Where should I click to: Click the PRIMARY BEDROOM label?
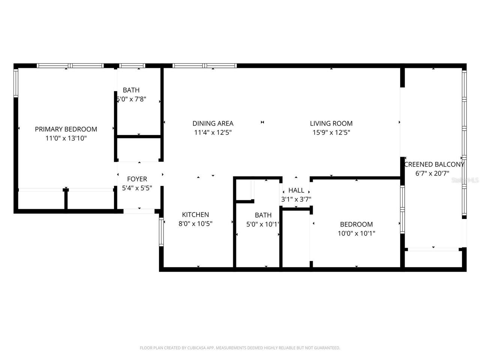click(66, 129)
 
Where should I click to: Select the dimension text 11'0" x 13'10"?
click(66, 138)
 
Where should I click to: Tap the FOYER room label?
click(137, 179)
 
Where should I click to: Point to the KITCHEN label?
click(195, 214)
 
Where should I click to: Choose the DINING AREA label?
click(213, 123)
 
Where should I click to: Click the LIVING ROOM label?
click(331, 123)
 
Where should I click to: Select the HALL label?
click(296, 190)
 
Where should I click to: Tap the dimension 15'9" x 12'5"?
click(331, 132)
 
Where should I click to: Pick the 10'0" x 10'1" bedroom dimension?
click(356, 233)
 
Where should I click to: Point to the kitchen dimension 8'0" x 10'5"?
click(195, 223)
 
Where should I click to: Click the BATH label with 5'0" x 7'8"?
click(131, 90)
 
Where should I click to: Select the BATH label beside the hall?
click(263, 215)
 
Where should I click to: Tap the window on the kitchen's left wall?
click(162, 232)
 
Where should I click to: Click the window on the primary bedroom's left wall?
click(16, 83)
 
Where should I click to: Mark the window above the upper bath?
click(132, 66)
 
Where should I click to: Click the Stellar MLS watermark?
click(465, 180)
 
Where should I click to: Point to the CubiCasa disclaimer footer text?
click(240, 348)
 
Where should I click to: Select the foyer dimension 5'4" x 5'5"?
click(137, 188)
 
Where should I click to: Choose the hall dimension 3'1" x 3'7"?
click(296, 199)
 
